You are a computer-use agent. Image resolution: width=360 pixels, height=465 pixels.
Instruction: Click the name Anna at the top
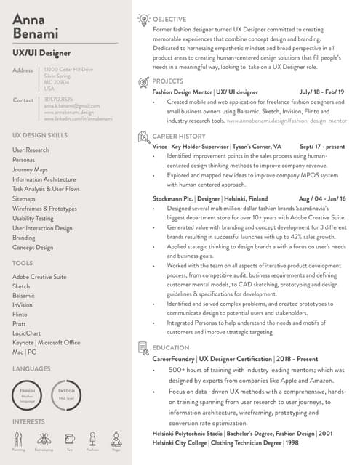click(30, 18)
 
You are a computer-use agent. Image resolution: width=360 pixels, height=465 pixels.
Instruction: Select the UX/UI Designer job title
click(42, 53)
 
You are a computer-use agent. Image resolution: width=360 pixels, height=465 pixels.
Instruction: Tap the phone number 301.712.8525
click(58, 100)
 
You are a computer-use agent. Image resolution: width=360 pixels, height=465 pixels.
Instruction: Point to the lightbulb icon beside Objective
click(143, 20)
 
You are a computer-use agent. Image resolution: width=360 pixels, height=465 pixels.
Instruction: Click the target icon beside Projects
click(143, 81)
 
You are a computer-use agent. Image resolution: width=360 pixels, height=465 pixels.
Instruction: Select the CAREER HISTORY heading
click(178, 136)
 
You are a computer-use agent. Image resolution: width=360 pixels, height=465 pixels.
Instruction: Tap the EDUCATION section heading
click(171, 348)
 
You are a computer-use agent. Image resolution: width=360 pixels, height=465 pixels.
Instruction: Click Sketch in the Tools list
click(21, 286)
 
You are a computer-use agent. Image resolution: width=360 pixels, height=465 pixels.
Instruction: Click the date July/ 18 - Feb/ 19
click(322, 92)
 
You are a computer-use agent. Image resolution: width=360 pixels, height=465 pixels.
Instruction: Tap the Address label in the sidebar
click(23, 70)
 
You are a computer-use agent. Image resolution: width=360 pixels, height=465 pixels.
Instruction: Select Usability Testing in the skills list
click(33, 218)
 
